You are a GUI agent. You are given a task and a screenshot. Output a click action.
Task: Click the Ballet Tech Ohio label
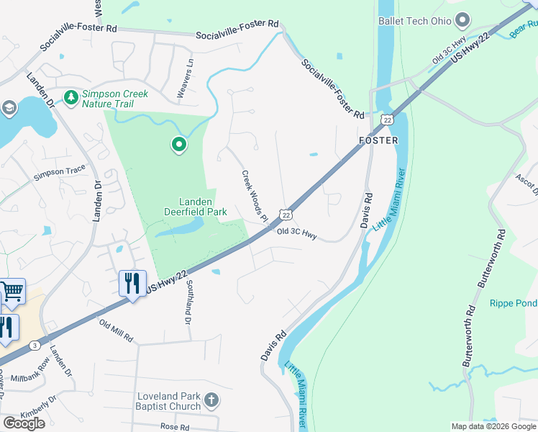[x=415, y=21]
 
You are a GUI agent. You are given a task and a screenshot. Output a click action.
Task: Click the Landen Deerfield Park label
[x=204, y=207]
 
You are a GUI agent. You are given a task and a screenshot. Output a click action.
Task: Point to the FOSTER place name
[x=378, y=140]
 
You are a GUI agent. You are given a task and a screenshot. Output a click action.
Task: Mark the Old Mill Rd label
[x=117, y=332]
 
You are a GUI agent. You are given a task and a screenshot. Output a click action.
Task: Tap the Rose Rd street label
[x=175, y=427]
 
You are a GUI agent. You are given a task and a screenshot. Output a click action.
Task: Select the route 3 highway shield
[x=35, y=346]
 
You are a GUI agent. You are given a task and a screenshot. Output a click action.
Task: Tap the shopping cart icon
[x=12, y=292]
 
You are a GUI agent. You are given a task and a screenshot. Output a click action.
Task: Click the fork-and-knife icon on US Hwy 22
[x=132, y=283]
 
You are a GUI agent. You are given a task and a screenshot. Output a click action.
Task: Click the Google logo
[x=24, y=423]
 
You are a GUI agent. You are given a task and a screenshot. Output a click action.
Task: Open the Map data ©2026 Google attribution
[x=493, y=426]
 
